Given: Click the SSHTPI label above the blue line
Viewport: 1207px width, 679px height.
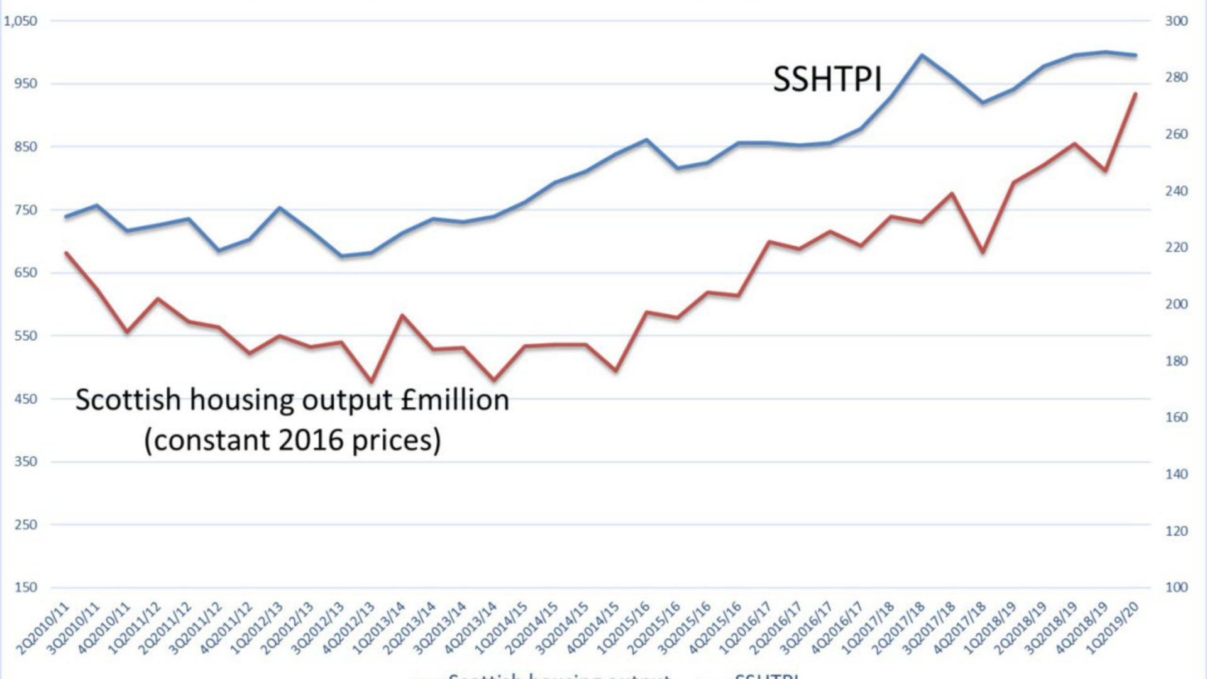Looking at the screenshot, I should pyautogui.click(x=827, y=80).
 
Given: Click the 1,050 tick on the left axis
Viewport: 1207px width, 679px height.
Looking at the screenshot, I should pyautogui.click(x=21, y=21).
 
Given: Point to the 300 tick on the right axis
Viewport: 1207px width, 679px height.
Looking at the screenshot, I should pyautogui.click(x=1176, y=21).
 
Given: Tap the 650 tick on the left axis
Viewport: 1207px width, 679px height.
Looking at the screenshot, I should pyautogui.click(x=25, y=273).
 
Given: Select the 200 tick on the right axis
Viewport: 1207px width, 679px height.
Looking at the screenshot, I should pyautogui.click(x=1176, y=304).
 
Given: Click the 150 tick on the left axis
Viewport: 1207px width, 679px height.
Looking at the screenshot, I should pyautogui.click(x=25, y=587).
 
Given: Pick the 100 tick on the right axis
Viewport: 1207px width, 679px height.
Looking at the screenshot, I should pyautogui.click(x=1176, y=587).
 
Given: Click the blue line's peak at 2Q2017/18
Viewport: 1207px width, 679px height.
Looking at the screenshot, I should pyautogui.click(x=922, y=55).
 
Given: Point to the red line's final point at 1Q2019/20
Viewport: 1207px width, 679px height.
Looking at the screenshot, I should pyautogui.click(x=1135, y=94).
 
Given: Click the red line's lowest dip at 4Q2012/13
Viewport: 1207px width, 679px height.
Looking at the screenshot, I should pyautogui.click(x=372, y=382).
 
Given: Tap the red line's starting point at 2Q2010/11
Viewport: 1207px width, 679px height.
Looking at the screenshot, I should pyautogui.click(x=66, y=253).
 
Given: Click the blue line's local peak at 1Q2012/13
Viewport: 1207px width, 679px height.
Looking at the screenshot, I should pyautogui.click(x=280, y=207).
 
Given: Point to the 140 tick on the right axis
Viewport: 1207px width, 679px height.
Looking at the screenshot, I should pyautogui.click(x=1176, y=474).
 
